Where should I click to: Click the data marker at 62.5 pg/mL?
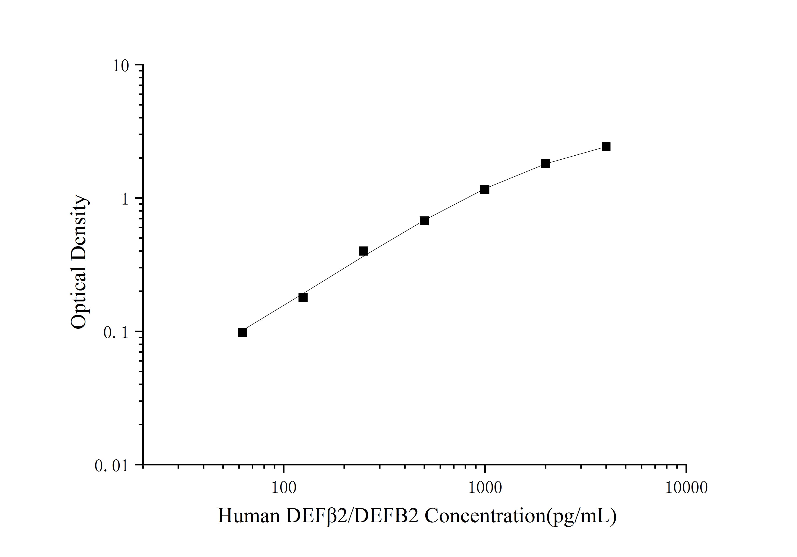(x=242, y=332)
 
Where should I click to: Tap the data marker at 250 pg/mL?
(x=363, y=251)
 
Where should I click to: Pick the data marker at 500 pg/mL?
(x=424, y=221)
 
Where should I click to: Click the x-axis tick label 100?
(x=284, y=488)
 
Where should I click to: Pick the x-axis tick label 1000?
(x=485, y=488)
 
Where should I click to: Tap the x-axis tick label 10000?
(x=686, y=488)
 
